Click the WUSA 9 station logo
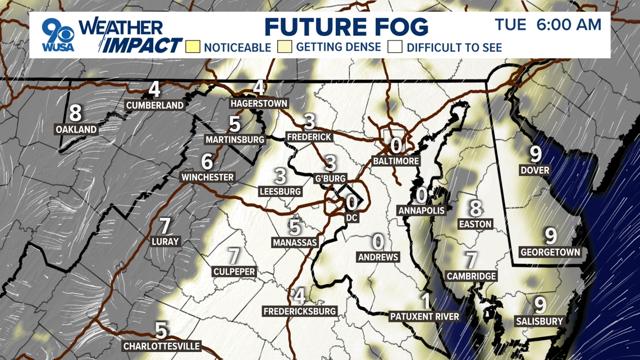[x=58, y=35]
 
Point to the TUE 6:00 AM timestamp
[x=548, y=25]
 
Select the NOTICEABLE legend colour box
[x=193, y=47]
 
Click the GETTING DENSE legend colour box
[x=285, y=47]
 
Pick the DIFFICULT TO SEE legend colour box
[x=395, y=47]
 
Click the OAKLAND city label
[x=76, y=130]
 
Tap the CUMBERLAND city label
[x=155, y=106]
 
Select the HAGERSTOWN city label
[x=259, y=104]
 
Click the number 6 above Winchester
[x=207, y=162]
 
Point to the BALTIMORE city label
[x=396, y=161]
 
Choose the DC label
[x=352, y=217]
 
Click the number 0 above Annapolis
[x=421, y=195]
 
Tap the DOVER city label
[x=534, y=170]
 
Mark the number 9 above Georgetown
[x=550, y=236]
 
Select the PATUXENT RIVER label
[x=425, y=317]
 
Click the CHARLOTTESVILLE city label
[x=162, y=346]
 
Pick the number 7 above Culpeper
[x=234, y=256]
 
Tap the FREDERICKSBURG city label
[x=300, y=311]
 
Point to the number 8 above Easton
[x=476, y=208]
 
